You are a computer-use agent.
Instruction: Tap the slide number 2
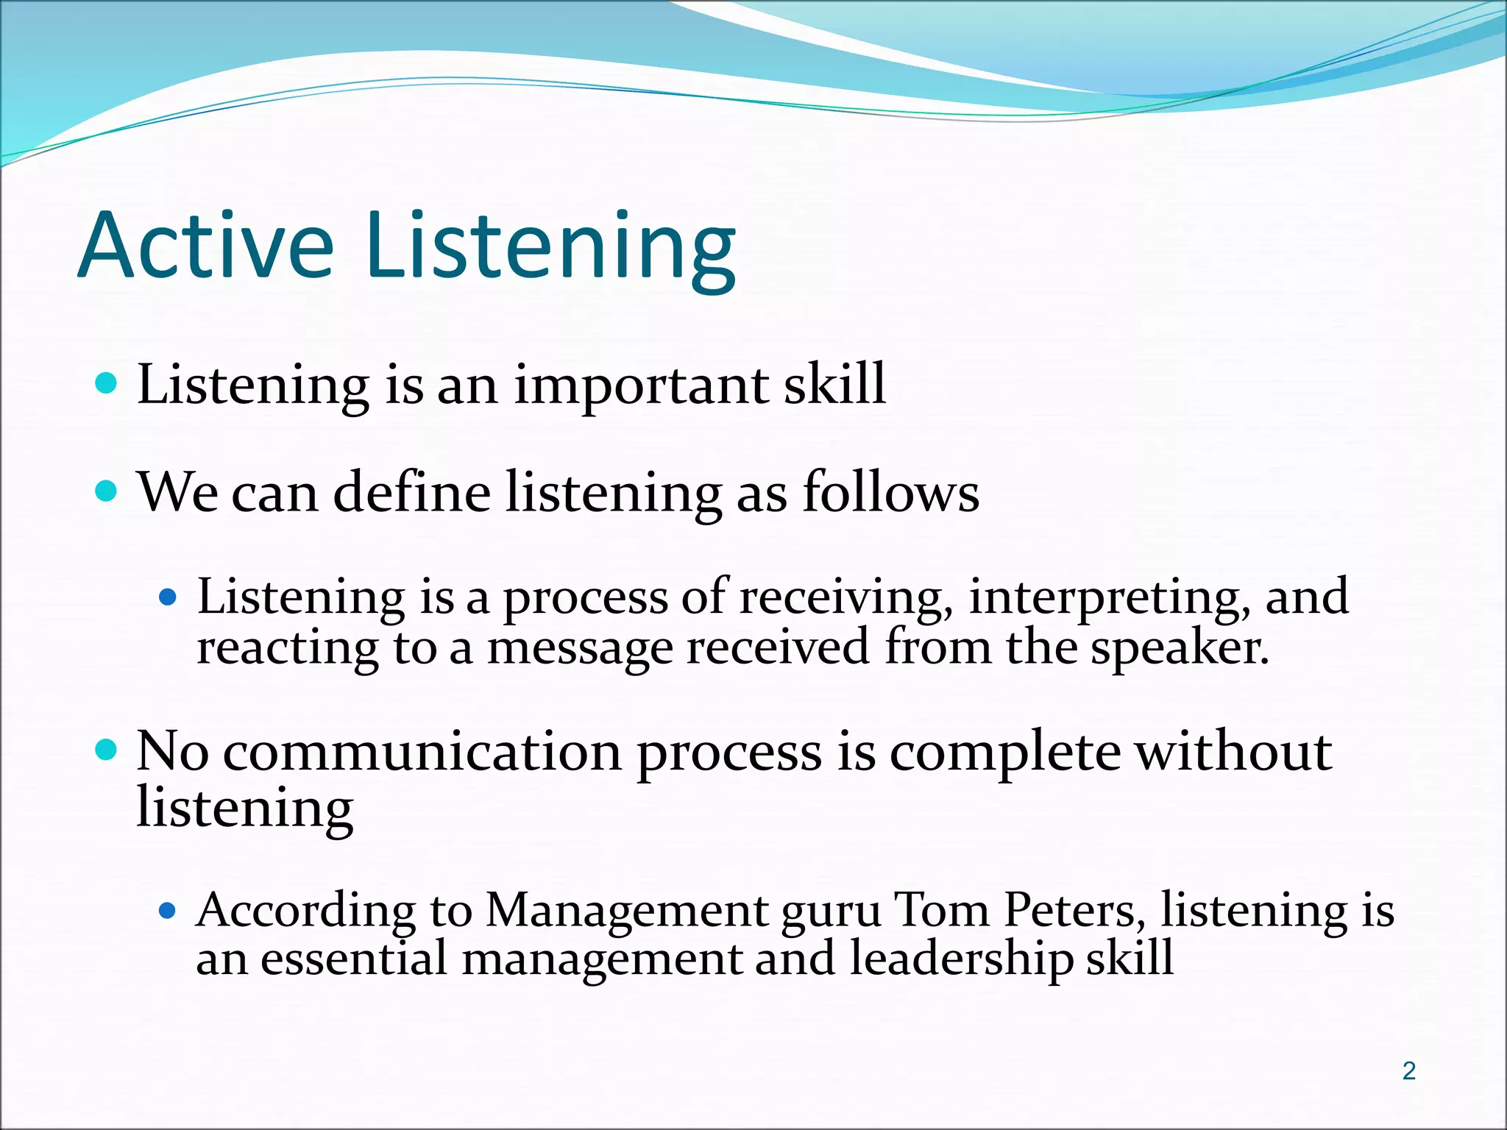coord(1408,1071)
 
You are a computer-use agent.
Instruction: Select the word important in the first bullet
coord(640,385)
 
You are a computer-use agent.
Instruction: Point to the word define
coord(412,492)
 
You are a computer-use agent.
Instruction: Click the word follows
coord(890,492)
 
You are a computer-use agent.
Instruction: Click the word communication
coord(422,752)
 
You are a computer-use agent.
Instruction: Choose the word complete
coord(1004,752)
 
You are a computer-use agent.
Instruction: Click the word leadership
coord(960,959)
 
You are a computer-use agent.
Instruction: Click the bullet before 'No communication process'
coord(107,750)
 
